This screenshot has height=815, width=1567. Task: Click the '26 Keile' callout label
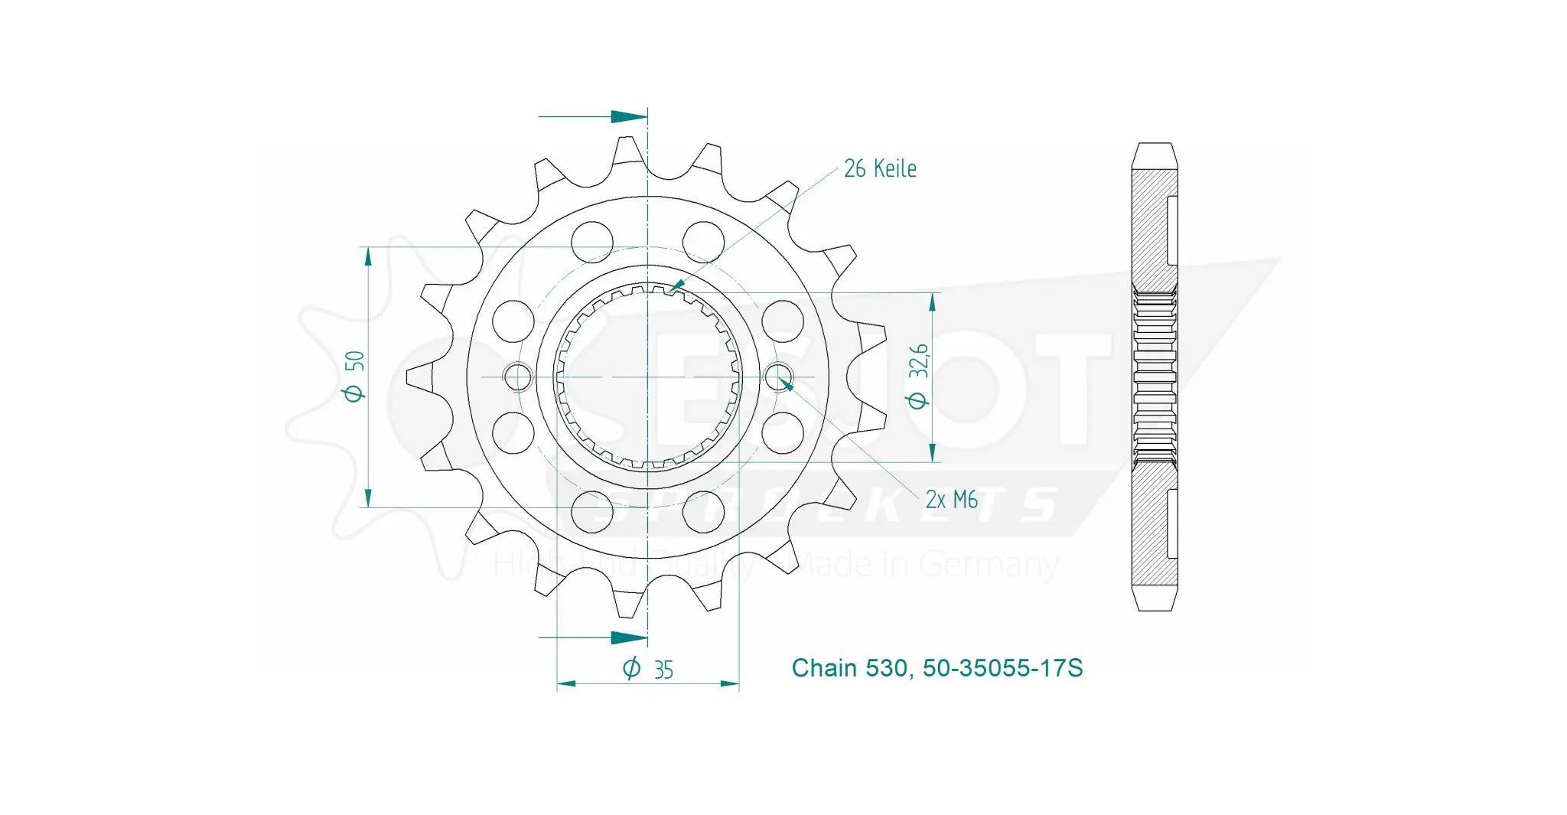click(x=880, y=168)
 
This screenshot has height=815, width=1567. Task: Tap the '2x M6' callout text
click(x=951, y=500)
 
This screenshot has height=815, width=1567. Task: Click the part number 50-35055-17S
click(x=1002, y=668)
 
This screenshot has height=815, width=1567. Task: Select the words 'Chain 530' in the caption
click(x=849, y=668)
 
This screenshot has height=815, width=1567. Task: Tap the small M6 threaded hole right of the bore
click(x=779, y=376)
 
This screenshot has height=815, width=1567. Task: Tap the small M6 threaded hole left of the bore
click(x=518, y=377)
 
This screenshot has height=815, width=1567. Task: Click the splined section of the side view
click(x=1154, y=377)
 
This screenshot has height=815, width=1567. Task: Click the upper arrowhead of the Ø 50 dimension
click(x=368, y=256)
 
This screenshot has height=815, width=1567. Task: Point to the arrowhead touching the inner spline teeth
click(x=675, y=287)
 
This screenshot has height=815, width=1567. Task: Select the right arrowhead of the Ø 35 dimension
click(x=730, y=683)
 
